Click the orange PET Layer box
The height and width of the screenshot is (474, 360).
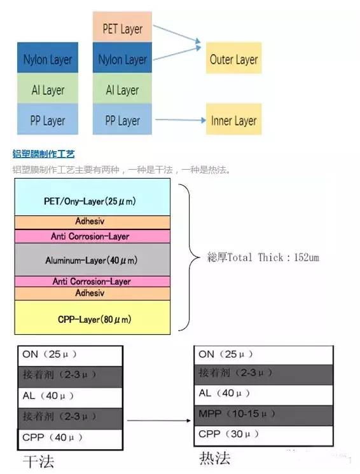(123, 29)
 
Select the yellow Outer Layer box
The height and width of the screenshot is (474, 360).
(233, 60)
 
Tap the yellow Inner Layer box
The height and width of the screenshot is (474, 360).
(233, 120)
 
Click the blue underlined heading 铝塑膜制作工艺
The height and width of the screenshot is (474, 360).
(44, 154)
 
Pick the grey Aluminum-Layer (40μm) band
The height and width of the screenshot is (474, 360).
(92, 260)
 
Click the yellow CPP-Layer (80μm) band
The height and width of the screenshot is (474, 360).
(92, 318)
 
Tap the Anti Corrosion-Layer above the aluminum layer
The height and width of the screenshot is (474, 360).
(92, 236)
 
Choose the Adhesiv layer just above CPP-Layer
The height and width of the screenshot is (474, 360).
(92, 293)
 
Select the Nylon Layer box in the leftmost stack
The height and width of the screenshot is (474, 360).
(48, 60)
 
